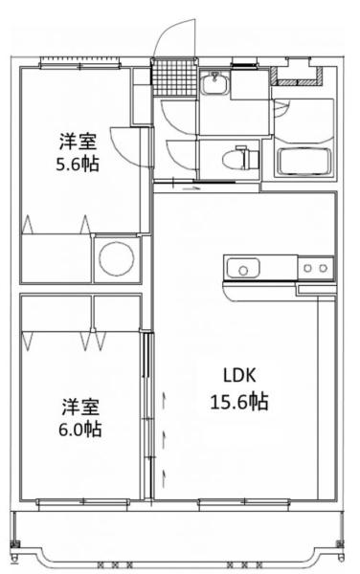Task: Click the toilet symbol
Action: [241, 158]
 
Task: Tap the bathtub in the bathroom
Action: [304, 162]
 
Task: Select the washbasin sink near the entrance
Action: [214, 83]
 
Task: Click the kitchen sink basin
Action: [243, 268]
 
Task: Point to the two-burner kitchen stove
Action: [315, 268]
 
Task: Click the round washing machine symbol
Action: [117, 259]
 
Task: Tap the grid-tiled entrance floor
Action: [174, 77]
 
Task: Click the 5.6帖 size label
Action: [78, 165]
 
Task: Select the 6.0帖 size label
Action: [80, 429]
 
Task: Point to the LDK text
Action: [239, 376]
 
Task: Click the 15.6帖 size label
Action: [239, 402]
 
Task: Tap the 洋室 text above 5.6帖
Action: [79, 142]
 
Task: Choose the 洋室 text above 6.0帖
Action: [80, 407]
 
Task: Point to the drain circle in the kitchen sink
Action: [243, 271]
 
